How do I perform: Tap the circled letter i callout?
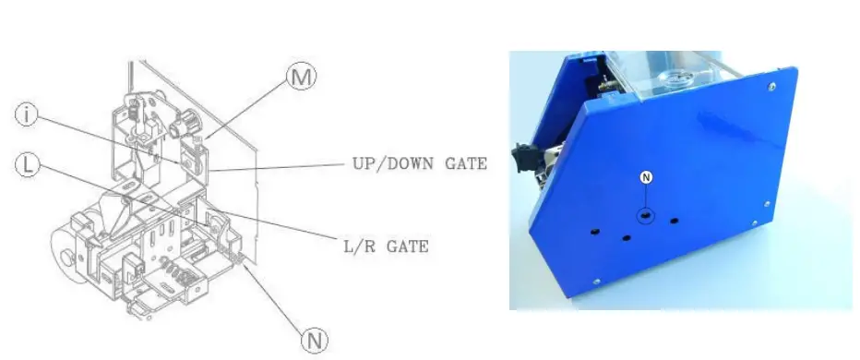[29, 115]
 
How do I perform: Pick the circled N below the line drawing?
[316, 341]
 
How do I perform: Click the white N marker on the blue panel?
[646, 176]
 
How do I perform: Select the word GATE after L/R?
[407, 246]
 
